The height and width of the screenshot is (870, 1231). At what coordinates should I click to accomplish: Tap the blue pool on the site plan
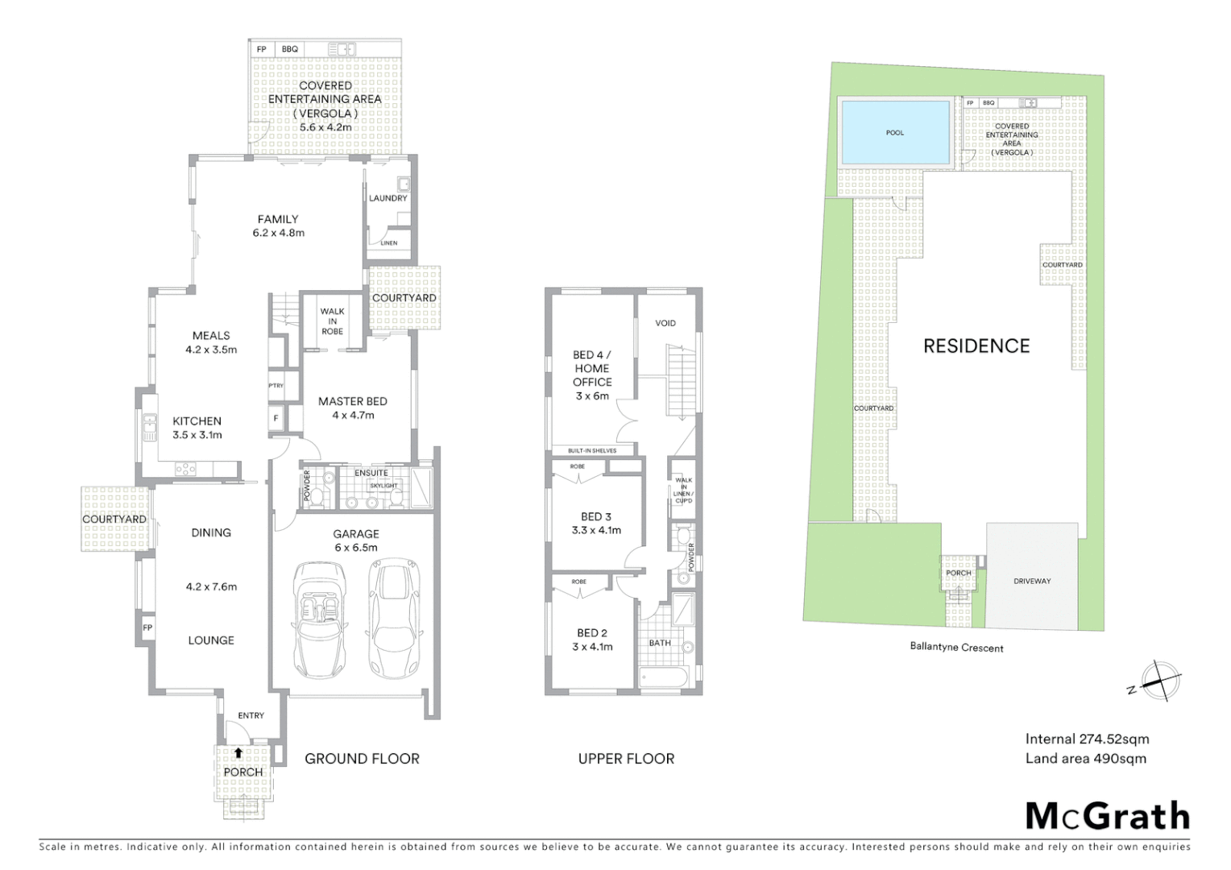point(894,133)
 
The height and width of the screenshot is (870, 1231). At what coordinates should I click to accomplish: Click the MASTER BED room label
point(352,401)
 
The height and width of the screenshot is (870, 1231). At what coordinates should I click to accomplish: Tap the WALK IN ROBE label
point(332,321)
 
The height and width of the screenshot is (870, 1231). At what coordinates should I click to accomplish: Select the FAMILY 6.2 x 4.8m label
point(278,226)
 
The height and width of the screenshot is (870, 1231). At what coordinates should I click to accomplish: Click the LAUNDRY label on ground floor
point(388,198)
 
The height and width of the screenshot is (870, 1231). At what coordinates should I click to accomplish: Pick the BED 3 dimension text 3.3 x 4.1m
point(596,530)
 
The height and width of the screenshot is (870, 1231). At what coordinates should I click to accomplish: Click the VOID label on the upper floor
point(665,323)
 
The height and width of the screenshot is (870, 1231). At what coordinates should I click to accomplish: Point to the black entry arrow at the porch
point(238,752)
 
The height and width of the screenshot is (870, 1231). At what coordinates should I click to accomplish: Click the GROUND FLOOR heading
point(362,758)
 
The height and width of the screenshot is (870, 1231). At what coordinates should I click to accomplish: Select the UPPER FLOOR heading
point(626,758)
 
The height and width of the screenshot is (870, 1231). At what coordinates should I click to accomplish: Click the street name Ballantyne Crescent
point(956,647)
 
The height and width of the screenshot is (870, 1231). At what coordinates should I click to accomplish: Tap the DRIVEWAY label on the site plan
point(1032,581)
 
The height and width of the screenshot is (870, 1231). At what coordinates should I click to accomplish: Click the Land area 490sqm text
point(1085,758)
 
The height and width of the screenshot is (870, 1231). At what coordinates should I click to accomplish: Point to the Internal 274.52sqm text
point(1087,739)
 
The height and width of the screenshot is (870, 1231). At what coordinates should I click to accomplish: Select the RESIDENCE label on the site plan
point(976,346)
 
